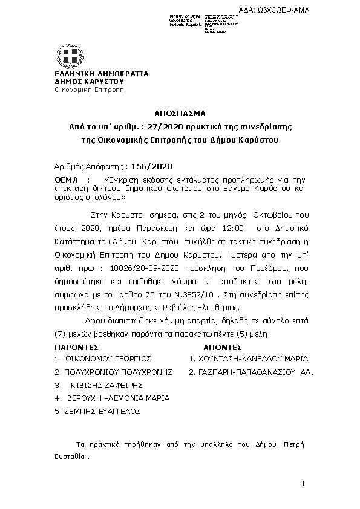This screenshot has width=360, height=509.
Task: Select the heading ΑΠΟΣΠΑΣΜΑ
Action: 180,113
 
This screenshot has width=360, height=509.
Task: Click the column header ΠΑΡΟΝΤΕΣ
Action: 76,348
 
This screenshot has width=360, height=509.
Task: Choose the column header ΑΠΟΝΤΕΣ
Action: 222,348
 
